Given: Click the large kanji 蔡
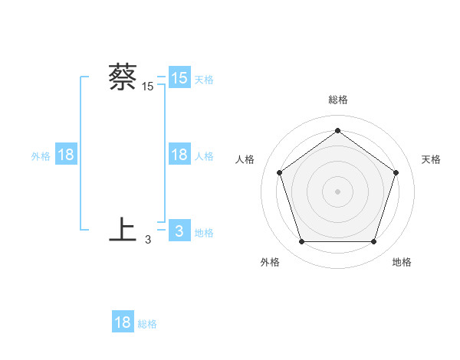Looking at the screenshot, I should pyautogui.click(x=123, y=77).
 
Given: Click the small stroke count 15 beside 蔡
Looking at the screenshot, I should pyautogui.click(x=148, y=87).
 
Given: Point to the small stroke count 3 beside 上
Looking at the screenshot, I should pyautogui.click(x=148, y=240).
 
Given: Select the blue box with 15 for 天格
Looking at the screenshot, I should pyautogui.click(x=179, y=78).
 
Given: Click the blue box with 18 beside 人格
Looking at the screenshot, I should pyautogui.click(x=179, y=155).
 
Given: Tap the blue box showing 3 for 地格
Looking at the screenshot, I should pyautogui.click(x=179, y=231).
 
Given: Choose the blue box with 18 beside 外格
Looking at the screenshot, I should pyautogui.click(x=66, y=155).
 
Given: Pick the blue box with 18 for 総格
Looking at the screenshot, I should pyautogui.click(x=123, y=322).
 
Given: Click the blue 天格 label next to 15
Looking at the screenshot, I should pyautogui.click(x=204, y=79).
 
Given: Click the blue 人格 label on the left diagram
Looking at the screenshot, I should pyautogui.click(x=204, y=156).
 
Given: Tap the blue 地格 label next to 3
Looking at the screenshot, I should pyautogui.click(x=204, y=233).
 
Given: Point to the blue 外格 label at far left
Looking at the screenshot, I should pyautogui.click(x=41, y=156).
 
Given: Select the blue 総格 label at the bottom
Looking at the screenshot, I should pyautogui.click(x=147, y=324).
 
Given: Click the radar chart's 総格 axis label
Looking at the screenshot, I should pyautogui.click(x=337, y=100).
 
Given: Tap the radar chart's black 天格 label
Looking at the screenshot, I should pyautogui.click(x=432, y=159).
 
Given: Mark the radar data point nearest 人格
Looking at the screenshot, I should pyautogui.click(x=279, y=172).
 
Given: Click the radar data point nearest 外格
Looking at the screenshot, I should pyautogui.click(x=301, y=242).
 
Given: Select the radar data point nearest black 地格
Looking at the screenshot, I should pyautogui.click(x=373, y=242).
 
